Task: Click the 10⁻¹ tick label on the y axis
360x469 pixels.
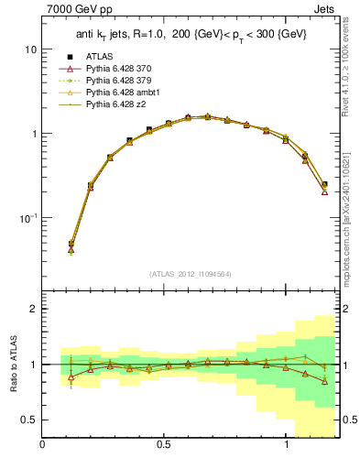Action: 27,218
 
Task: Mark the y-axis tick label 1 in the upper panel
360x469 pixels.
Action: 33,134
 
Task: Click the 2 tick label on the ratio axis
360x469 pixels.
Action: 33,309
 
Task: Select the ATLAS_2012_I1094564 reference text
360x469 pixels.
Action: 191,273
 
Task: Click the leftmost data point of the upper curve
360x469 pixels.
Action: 71,245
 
